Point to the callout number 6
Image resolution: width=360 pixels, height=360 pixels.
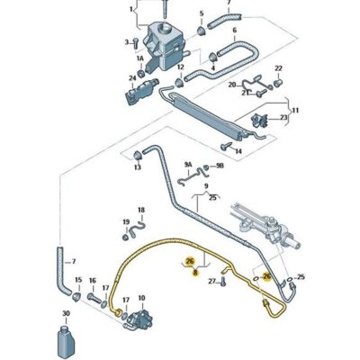pyautogui.click(x=234, y=31)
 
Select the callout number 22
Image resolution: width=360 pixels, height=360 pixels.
pyautogui.click(x=278, y=68)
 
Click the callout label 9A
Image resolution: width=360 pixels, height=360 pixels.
pyautogui.click(x=188, y=166)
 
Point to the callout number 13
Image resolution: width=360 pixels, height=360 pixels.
pyautogui.click(x=138, y=167)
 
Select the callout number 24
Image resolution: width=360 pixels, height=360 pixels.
pyautogui.click(x=131, y=77)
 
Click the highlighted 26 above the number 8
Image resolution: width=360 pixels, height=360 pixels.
pyautogui.click(x=189, y=261)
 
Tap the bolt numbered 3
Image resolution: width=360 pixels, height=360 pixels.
pyautogui.click(x=140, y=42)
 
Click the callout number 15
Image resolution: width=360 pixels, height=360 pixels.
pyautogui.click(x=78, y=280)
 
